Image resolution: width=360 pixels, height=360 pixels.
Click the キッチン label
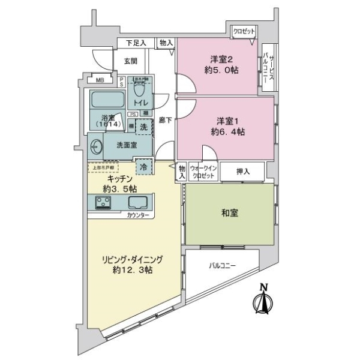pos(121,183)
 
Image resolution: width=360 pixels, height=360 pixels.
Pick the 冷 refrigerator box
pos(143,167)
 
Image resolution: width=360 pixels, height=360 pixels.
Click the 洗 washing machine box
pos(143,127)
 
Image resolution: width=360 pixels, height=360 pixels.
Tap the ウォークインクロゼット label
pos(202,172)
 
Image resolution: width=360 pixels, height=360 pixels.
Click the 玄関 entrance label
pos(131,61)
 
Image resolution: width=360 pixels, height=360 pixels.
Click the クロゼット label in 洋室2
pos(244,31)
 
